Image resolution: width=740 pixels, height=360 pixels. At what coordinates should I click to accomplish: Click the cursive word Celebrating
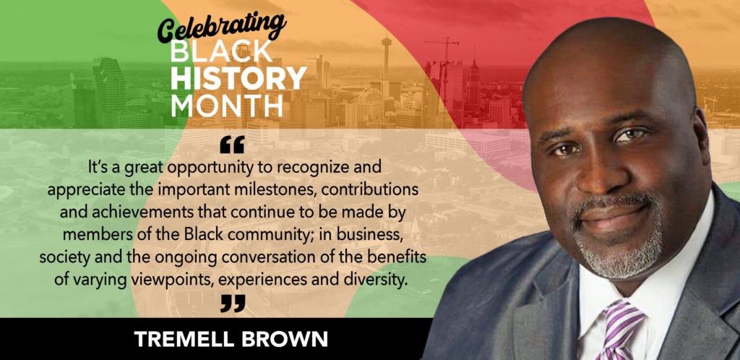(222, 27)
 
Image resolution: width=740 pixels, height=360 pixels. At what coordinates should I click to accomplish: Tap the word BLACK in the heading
(221, 52)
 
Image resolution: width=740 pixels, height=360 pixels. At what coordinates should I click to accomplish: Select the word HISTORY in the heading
(238, 78)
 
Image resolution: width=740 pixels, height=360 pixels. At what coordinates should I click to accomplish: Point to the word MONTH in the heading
(226, 106)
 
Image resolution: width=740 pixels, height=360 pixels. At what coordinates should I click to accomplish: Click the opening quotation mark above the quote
(232, 145)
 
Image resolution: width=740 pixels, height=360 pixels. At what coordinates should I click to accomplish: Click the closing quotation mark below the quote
(233, 304)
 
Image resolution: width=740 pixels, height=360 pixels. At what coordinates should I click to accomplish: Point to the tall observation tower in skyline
(387, 55)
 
